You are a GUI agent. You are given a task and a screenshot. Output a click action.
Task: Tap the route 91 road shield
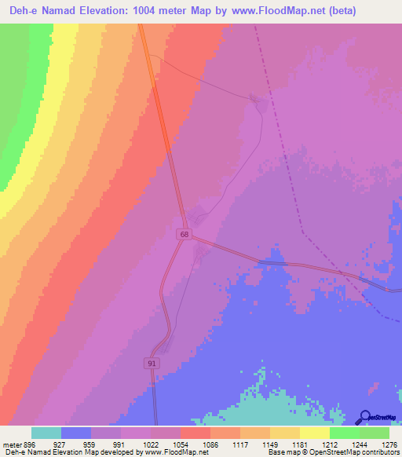click(x=151, y=363)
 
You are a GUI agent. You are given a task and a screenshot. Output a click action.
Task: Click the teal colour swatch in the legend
click(x=46, y=433)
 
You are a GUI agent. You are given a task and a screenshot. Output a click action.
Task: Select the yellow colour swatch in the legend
click(x=314, y=433)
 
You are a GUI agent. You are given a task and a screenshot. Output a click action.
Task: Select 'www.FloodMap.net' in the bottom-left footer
click(x=176, y=453)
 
